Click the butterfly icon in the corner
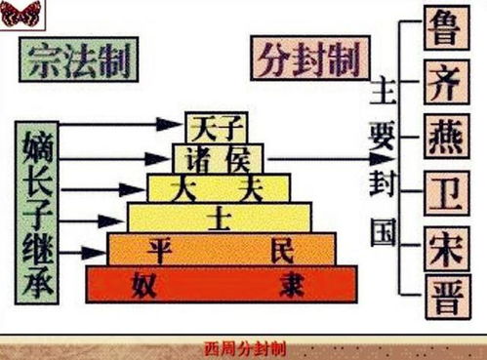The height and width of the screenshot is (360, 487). pos(20,14)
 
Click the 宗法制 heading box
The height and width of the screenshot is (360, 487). pos(78,60)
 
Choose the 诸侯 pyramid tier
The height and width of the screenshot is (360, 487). pos(218,156)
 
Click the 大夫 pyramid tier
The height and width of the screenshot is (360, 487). pos(218,186)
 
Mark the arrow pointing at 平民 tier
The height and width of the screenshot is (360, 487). pos(92,252)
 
